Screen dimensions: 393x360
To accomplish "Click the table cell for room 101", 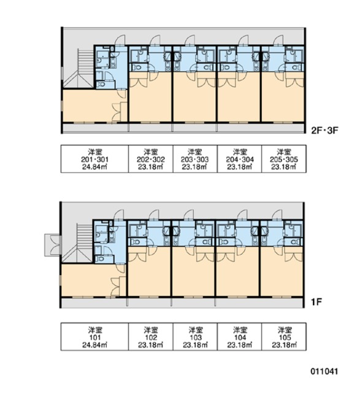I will pyautogui.click(x=94, y=337).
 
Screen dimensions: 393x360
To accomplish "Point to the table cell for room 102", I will pyautogui.click(x=150, y=337).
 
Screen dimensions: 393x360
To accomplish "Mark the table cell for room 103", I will pyautogui.click(x=195, y=337).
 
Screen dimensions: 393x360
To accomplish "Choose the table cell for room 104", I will pyautogui.click(x=240, y=337).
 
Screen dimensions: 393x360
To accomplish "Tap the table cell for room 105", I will pyautogui.click(x=284, y=337).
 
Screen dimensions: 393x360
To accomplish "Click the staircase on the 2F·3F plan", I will pyautogui.click(x=79, y=69).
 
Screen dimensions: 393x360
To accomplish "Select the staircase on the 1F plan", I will pyautogui.click(x=79, y=243).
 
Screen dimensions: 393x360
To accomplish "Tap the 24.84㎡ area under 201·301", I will pyautogui.click(x=94, y=166).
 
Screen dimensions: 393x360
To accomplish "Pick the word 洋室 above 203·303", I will pyautogui.click(x=195, y=150).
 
